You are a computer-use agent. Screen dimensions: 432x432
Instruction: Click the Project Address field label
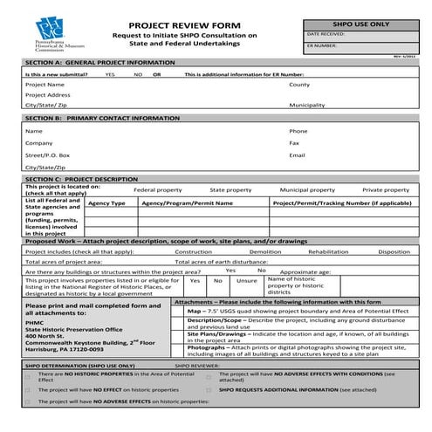[x=48, y=94]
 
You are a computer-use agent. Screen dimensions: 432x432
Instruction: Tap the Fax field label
[x=294, y=142]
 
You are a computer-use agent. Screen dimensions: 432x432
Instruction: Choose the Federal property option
[x=157, y=189]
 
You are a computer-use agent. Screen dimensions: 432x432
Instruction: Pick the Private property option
[x=386, y=189]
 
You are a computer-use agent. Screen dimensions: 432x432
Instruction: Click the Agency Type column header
[x=107, y=202]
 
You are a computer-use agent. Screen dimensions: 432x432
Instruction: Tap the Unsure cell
[x=247, y=281]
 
